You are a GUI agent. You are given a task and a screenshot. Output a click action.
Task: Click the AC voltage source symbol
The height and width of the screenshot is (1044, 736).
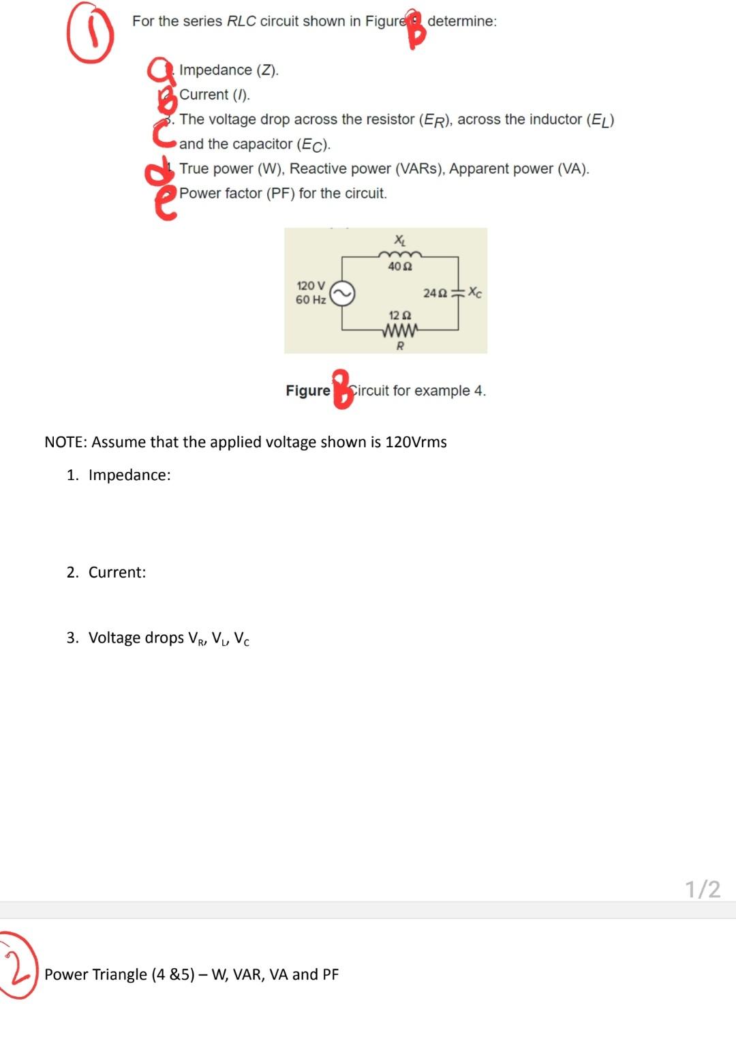[x=342, y=294]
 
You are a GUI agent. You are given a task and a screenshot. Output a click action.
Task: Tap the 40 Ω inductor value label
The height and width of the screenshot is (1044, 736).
[x=399, y=267]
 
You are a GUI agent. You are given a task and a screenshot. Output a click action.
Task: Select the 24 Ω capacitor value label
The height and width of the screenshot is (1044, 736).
[x=435, y=293]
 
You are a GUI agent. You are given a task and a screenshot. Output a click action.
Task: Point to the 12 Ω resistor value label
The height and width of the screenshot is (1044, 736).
[x=399, y=316]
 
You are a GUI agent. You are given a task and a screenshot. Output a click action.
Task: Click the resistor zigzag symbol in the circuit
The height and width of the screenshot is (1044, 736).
[x=400, y=331]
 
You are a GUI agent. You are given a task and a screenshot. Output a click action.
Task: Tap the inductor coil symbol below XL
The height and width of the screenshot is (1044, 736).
[x=400, y=254]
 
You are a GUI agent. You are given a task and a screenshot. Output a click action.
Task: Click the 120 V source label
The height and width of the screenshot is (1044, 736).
[x=311, y=286]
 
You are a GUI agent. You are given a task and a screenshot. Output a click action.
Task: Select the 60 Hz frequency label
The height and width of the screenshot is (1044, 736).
[x=311, y=300]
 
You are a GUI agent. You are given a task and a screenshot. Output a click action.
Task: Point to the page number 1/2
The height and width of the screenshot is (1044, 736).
[x=702, y=889]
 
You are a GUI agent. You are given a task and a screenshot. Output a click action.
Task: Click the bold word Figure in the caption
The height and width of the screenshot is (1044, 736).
[x=307, y=391]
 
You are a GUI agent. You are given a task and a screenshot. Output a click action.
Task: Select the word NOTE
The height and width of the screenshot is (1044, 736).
[x=65, y=442]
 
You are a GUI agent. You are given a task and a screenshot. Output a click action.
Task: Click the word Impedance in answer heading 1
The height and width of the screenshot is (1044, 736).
[x=129, y=475]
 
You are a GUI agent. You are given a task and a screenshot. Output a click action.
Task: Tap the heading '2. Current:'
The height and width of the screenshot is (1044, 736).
[x=106, y=572]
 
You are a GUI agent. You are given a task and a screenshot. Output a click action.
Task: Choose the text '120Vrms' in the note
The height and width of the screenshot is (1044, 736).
[x=416, y=442]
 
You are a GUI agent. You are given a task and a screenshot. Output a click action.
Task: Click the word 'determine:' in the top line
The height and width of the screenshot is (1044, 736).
[x=462, y=21]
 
